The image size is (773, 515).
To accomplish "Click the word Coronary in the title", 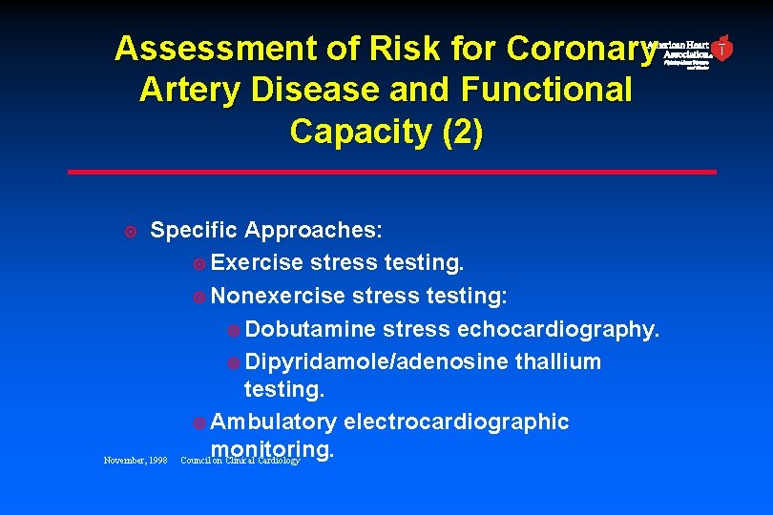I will [581, 48].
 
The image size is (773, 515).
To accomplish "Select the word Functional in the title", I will [547, 90].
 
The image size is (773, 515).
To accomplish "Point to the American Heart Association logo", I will [689, 51].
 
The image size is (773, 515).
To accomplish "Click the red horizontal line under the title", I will [391, 172].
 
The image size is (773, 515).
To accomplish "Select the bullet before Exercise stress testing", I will [198, 263].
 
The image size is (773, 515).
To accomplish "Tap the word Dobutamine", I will [310, 329].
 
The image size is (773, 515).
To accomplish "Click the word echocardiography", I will [558, 329].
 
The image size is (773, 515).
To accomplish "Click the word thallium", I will [558, 361].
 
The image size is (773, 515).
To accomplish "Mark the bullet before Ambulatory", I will [198, 422].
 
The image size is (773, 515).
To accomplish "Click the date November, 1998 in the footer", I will [136, 461].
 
